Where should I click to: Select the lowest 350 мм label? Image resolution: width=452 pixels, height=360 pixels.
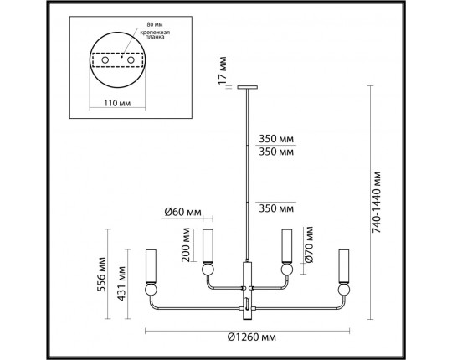[x=276, y=208]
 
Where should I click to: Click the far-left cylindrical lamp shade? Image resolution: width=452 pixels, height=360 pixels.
[x=152, y=265]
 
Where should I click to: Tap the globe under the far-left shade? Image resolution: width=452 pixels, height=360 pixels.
[x=152, y=290]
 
